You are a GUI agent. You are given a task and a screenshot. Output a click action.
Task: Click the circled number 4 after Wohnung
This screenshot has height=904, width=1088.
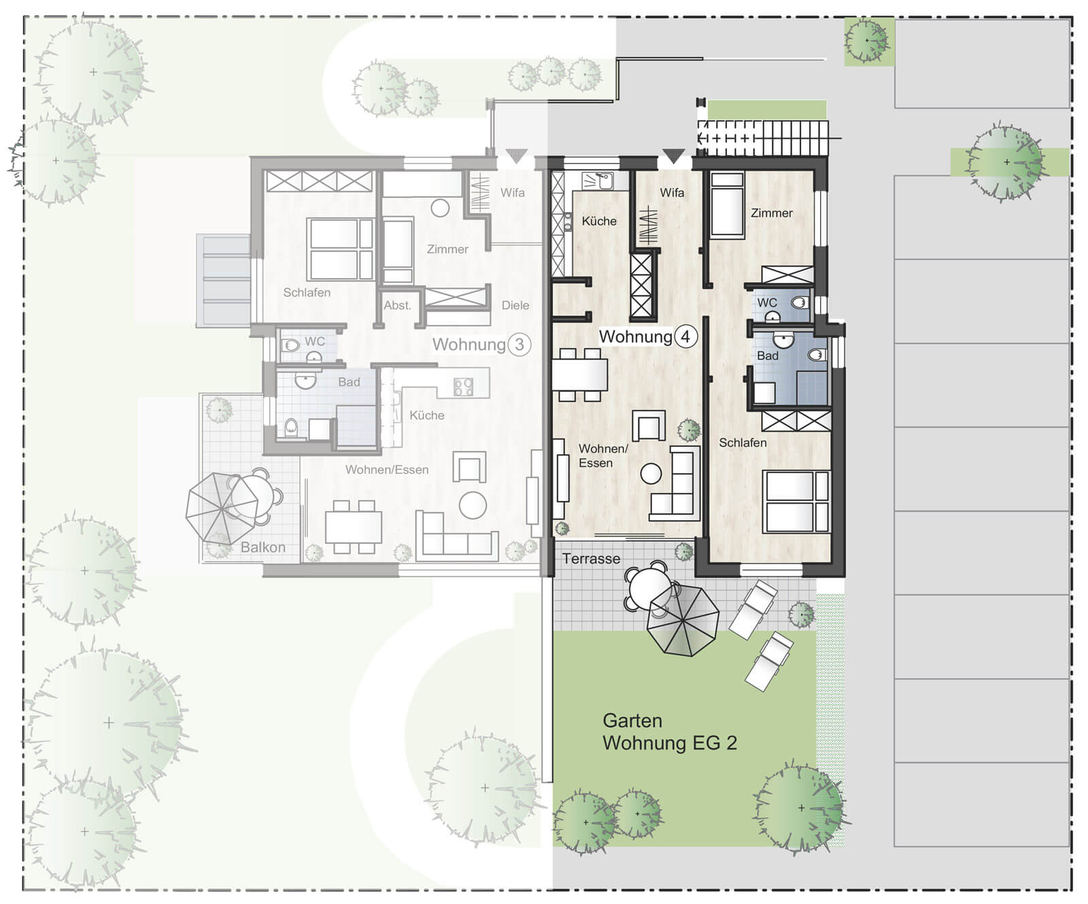685,336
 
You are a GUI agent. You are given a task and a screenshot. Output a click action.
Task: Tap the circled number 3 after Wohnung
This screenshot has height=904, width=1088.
520,345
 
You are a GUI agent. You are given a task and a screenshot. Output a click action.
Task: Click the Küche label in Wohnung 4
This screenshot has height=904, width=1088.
599,221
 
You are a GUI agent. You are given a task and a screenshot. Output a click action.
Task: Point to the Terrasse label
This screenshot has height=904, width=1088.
591,559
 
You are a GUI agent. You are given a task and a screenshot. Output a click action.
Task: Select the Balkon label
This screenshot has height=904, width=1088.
262,547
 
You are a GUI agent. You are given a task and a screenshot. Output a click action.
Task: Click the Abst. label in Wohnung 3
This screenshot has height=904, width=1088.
397,305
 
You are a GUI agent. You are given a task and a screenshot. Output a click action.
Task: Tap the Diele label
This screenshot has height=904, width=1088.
515,305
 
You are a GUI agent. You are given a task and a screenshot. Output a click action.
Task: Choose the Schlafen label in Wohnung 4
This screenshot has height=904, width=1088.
743,442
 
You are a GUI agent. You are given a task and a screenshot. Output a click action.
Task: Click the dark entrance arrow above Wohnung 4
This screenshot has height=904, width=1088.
673,156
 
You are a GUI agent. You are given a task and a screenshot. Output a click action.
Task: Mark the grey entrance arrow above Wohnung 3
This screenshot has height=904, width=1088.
517,156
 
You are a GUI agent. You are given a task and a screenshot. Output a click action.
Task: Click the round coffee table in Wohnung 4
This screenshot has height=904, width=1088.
651,473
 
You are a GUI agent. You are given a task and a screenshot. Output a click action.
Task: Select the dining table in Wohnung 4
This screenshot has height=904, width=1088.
579,375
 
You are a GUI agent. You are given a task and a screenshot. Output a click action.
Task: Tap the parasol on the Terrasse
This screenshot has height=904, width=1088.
683,620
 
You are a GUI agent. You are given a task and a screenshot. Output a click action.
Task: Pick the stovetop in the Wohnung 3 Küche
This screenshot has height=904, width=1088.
463,387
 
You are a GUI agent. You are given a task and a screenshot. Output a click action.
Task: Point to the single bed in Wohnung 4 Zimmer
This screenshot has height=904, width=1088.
727,205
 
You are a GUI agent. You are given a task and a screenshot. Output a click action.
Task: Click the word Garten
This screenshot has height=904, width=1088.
632,720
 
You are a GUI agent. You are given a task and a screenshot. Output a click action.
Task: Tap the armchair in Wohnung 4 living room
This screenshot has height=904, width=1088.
649,426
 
